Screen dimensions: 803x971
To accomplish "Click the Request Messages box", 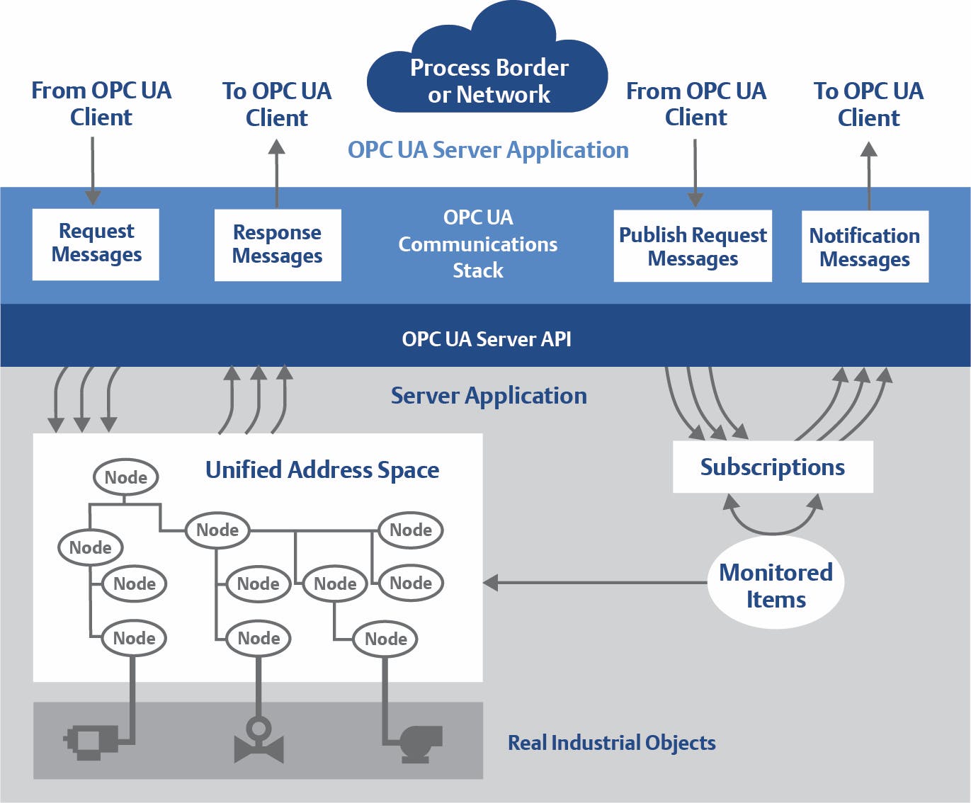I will click(96, 244).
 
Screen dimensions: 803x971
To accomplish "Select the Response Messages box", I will click(278, 245).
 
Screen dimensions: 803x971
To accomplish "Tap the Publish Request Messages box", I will click(693, 246).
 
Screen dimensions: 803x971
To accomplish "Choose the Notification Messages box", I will click(865, 246).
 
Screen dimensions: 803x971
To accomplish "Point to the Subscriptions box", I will click(773, 467).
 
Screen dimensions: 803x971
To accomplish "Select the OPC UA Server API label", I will click(487, 339).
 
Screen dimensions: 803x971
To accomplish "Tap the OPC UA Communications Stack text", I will click(478, 244).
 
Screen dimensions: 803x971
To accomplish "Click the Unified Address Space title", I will click(322, 469).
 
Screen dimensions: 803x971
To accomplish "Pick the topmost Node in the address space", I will click(125, 477).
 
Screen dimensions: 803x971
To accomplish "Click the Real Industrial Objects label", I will click(611, 743).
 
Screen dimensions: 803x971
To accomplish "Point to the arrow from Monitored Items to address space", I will click(595, 583).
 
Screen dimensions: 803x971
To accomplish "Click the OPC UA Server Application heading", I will click(488, 150).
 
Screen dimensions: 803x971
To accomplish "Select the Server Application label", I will click(489, 395).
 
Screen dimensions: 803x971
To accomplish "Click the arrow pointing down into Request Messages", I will click(93, 170).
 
